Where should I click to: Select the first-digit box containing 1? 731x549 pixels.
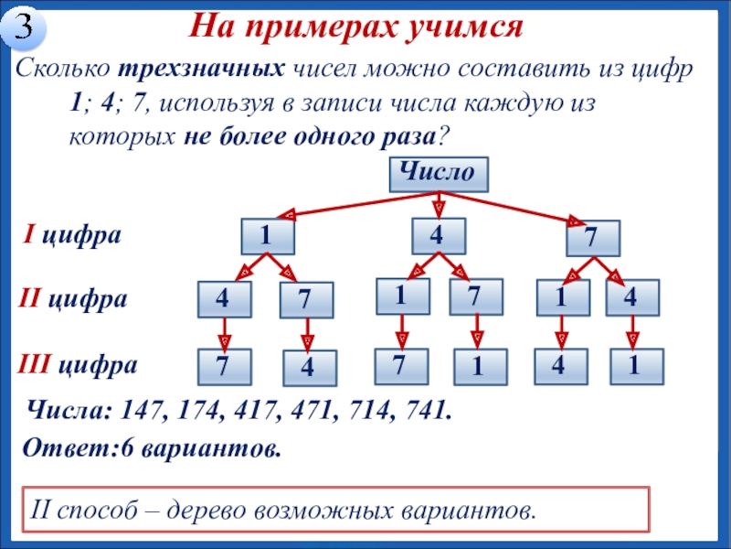pos(267,237)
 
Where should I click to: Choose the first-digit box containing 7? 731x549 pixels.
pos(592,239)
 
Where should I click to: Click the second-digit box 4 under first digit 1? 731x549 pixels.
pos(224,299)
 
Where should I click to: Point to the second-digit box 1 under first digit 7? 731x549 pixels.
pos(560,297)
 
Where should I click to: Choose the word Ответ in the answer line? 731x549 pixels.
pos(54,449)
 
